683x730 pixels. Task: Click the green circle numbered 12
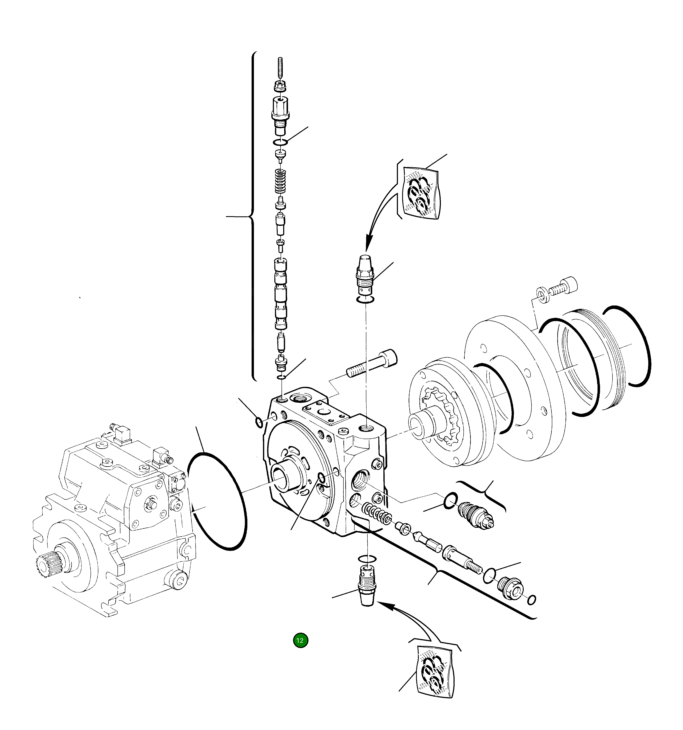click(x=300, y=640)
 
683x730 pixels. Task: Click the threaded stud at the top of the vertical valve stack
click(x=280, y=68)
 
